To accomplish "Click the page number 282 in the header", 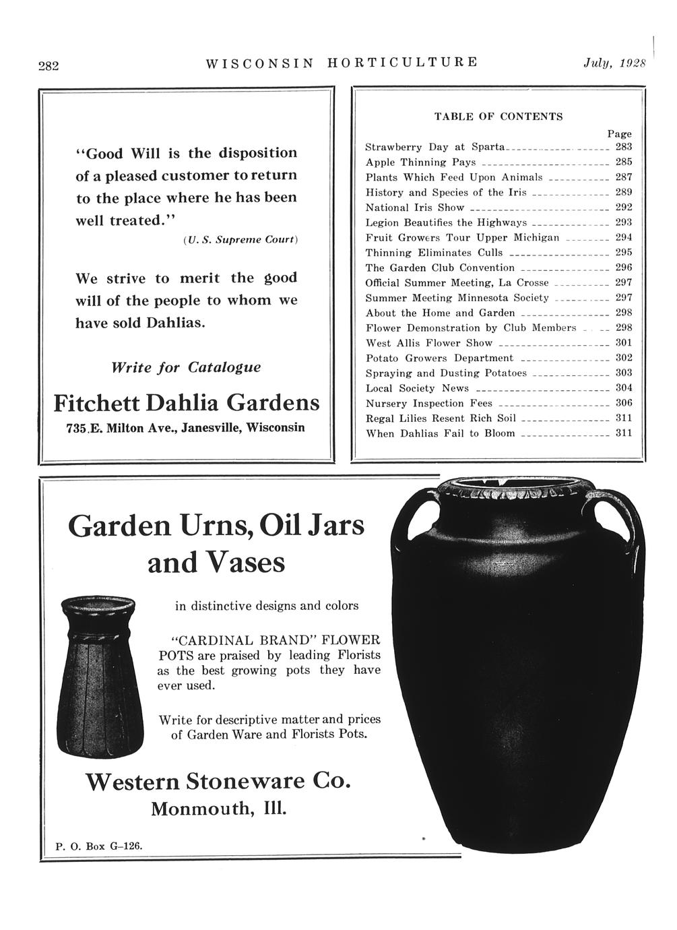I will (48, 66).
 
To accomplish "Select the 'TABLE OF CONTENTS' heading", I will (498, 117).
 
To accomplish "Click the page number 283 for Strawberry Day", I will (624, 146).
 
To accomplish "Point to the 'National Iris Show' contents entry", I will (414, 208).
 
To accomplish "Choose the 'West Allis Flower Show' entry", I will (428, 343).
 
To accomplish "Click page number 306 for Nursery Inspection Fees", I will (624, 402).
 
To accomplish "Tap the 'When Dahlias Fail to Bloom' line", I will (440, 433).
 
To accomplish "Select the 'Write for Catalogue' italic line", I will (186, 368).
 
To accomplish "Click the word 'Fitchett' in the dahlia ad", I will (96, 403).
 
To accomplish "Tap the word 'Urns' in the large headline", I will (217, 526).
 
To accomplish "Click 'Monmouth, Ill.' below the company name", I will (219, 808).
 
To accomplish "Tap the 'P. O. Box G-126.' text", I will (98, 845).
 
